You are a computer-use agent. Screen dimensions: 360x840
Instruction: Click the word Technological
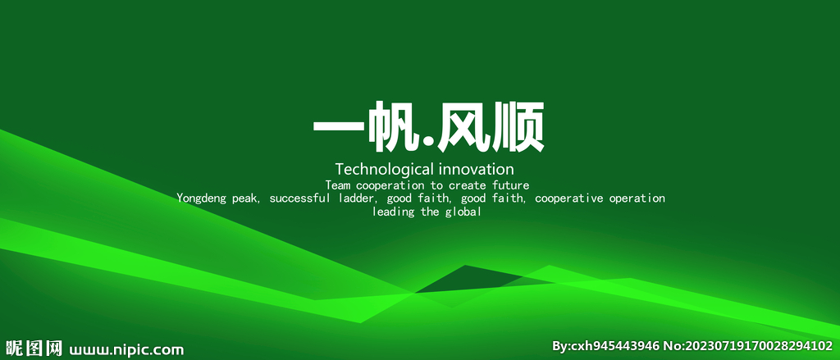(384, 170)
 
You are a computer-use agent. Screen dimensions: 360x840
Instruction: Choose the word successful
(300, 198)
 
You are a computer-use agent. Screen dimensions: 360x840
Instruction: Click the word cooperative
(569, 198)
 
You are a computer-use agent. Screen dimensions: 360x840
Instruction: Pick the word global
(463, 212)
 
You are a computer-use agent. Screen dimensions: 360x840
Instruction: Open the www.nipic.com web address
(126, 349)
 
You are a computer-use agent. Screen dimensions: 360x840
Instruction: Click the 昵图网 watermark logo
(33, 349)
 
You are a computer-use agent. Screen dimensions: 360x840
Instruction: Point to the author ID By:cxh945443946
(606, 347)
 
